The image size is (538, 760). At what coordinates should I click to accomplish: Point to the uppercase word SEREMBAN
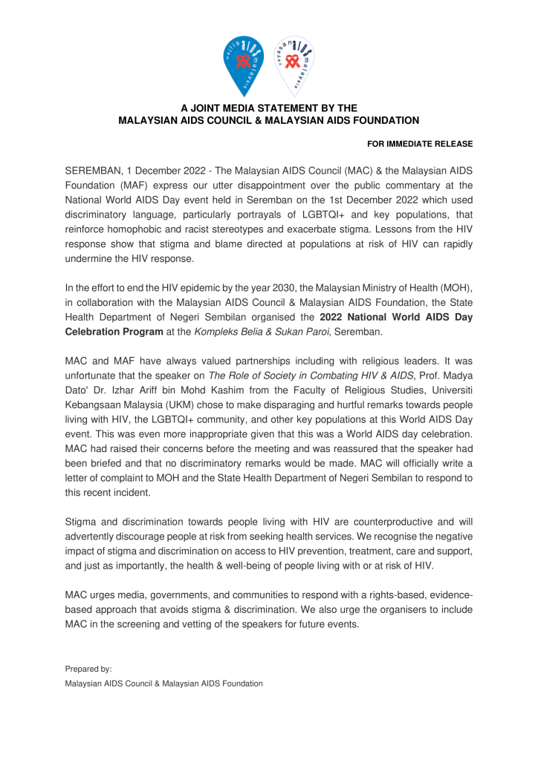point(93,171)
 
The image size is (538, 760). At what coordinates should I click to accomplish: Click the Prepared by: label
point(88,668)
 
